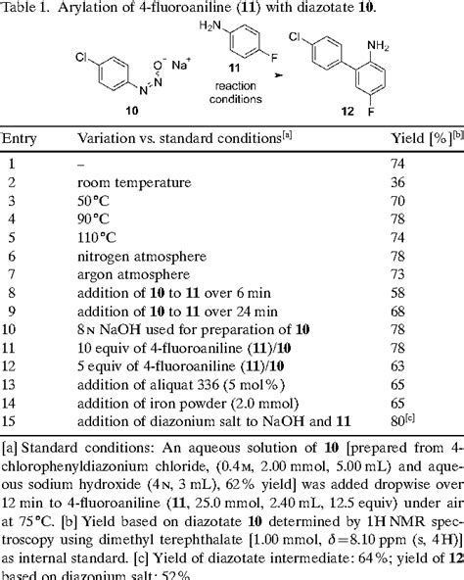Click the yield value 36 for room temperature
click(x=399, y=182)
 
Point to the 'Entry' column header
click(x=23, y=141)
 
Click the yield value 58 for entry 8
click(x=399, y=291)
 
